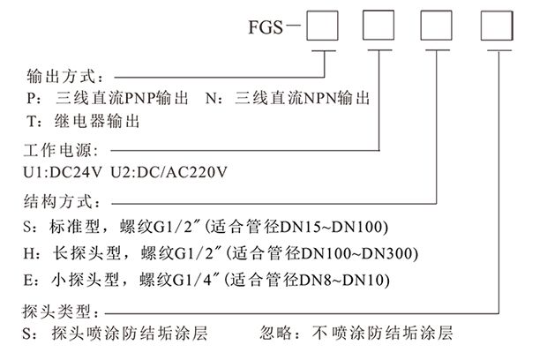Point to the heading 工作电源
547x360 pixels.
tap(58, 147)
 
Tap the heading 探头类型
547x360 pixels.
tap(58, 311)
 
